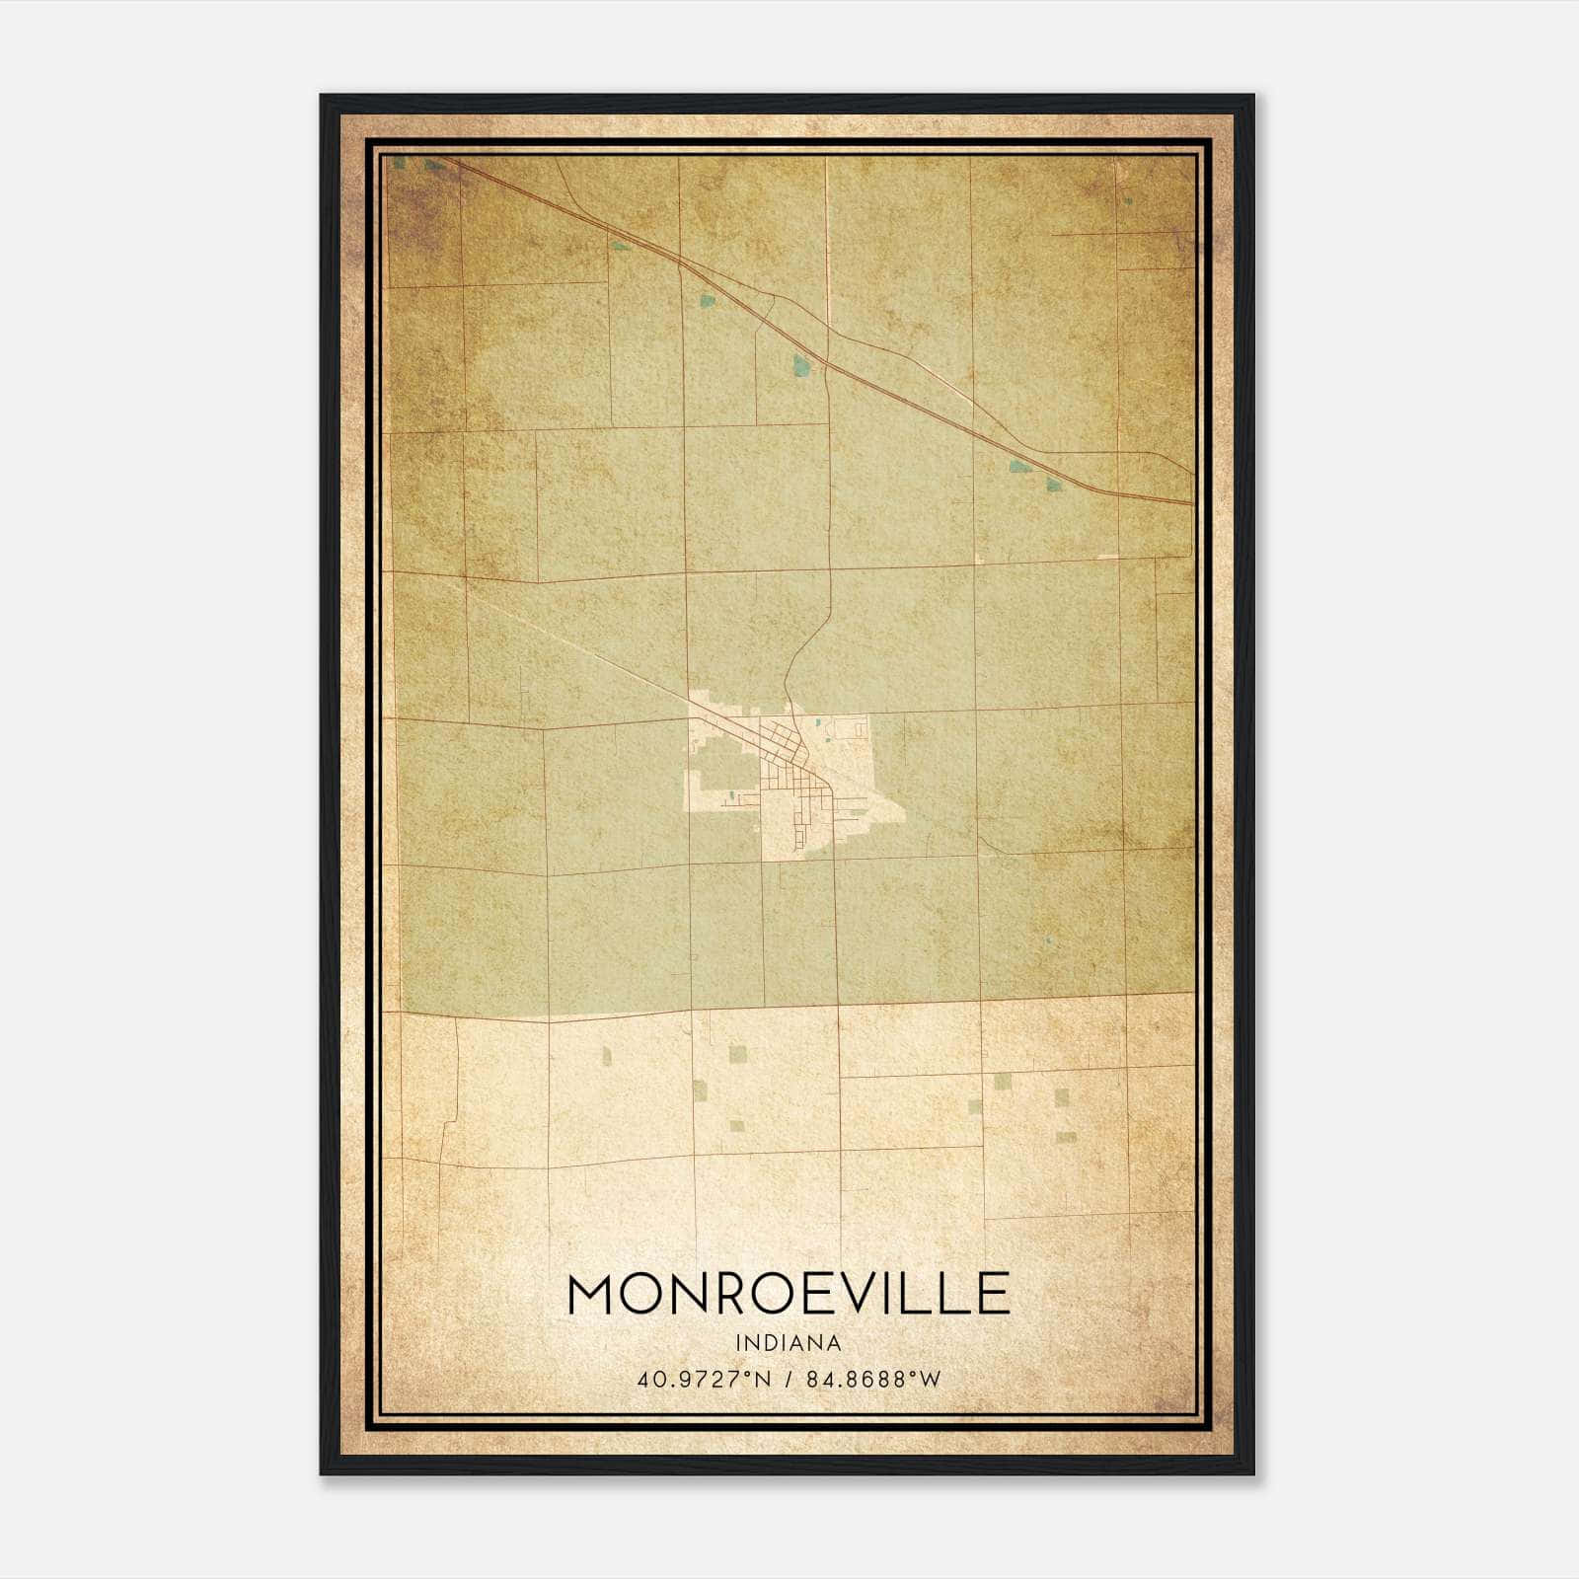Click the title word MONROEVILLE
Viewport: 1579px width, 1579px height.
(789, 1294)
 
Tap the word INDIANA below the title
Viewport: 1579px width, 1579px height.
(789, 1343)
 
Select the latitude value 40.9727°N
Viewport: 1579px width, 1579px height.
(703, 1379)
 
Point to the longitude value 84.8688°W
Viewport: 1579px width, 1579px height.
(873, 1379)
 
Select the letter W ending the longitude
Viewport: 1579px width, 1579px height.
(931, 1379)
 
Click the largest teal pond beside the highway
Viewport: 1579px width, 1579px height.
(801, 366)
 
